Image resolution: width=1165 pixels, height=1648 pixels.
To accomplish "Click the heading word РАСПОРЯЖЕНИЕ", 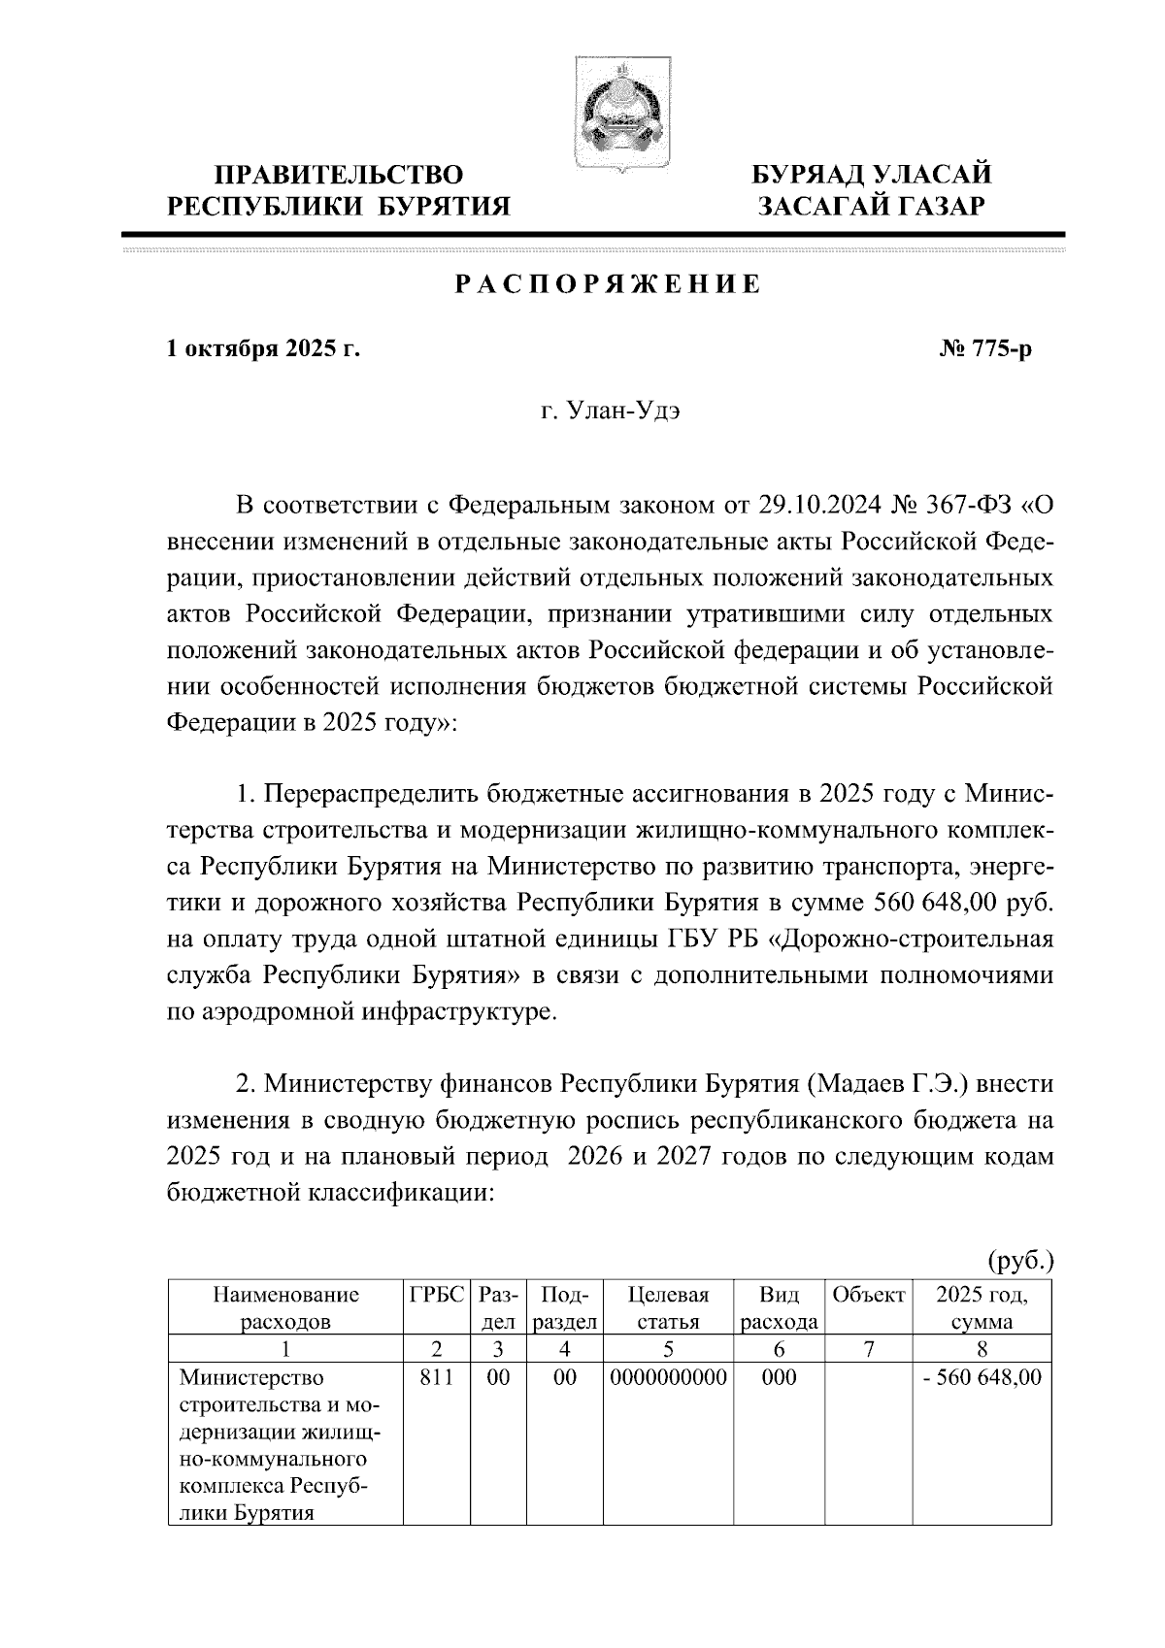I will [608, 285].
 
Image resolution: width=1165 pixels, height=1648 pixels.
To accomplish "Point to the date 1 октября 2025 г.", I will [263, 348].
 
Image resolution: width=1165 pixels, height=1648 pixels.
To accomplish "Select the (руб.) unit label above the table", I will [1018, 1261].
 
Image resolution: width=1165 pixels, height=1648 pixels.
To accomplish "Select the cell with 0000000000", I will [668, 1377].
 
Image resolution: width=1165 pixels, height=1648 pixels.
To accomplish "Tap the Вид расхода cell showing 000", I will [780, 1377].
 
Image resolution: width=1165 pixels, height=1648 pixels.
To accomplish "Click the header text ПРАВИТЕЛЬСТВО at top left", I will [339, 176].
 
